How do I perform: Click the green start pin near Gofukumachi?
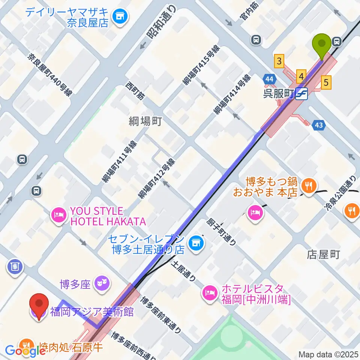322,44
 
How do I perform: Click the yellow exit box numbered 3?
279,61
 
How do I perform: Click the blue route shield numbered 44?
269,79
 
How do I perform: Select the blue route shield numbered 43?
319,124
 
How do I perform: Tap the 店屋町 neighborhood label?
323,255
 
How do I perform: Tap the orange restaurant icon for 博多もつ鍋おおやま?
309,184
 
